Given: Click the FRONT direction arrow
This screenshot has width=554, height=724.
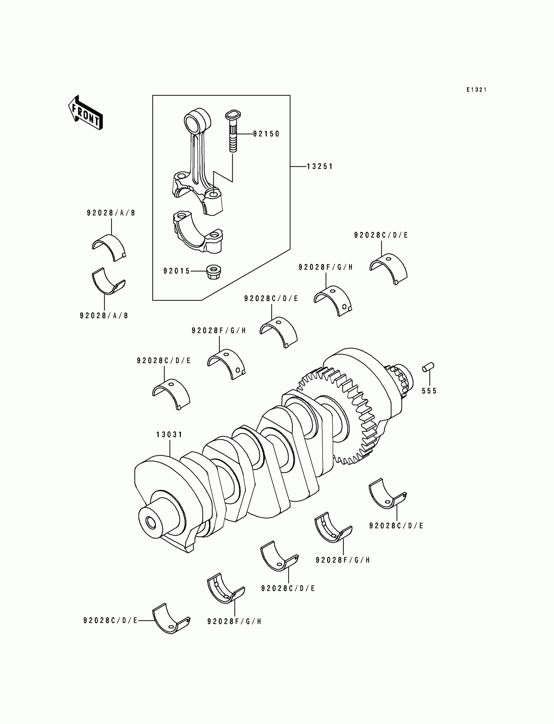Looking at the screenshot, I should [85, 113].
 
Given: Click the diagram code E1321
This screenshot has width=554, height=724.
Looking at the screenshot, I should [476, 90].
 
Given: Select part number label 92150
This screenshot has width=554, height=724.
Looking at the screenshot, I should [266, 134].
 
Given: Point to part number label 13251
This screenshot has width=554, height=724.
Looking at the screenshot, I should [320, 167].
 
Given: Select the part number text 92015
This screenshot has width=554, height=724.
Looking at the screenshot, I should [177, 271].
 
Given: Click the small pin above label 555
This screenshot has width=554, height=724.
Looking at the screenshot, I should [428, 367].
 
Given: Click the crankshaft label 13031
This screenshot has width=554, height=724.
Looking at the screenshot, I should [169, 435].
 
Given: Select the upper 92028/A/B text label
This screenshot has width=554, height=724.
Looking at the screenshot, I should [111, 213].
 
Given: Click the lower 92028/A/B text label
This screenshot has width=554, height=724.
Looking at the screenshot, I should [104, 316].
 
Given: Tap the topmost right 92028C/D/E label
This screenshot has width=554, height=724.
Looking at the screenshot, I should [381, 235].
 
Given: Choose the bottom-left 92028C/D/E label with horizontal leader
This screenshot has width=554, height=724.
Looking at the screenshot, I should [110, 620].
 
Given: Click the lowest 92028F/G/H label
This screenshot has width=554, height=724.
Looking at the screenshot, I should [234, 621].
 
